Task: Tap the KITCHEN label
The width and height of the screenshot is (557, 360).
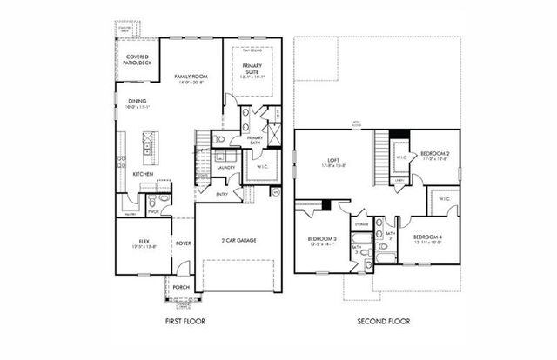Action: [x=143, y=175]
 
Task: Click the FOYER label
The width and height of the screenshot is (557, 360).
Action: [x=184, y=243]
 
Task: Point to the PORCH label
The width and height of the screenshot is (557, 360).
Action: [x=181, y=287]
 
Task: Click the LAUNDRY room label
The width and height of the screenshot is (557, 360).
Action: [x=227, y=168]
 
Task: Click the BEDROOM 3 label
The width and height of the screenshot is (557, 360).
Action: [x=323, y=238]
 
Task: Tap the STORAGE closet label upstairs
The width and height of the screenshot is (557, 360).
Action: [x=361, y=224]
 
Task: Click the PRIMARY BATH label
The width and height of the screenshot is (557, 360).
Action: [x=256, y=141]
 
